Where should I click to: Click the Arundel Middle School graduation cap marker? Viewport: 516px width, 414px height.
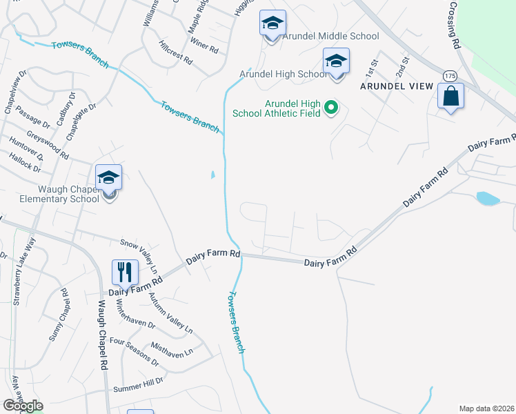tap(272, 23)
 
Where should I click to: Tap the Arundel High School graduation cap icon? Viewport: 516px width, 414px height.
tap(336, 61)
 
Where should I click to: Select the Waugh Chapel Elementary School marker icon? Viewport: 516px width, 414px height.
tap(108, 179)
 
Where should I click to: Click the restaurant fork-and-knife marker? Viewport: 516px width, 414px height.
tap(125, 272)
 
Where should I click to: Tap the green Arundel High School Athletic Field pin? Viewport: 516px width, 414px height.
tap(331, 107)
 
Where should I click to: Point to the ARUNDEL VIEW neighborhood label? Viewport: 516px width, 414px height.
tap(397, 86)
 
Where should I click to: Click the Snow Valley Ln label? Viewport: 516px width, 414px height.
tap(139, 252)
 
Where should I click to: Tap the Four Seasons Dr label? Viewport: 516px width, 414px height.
tap(134, 352)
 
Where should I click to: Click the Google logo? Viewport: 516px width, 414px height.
tap(23, 406)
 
